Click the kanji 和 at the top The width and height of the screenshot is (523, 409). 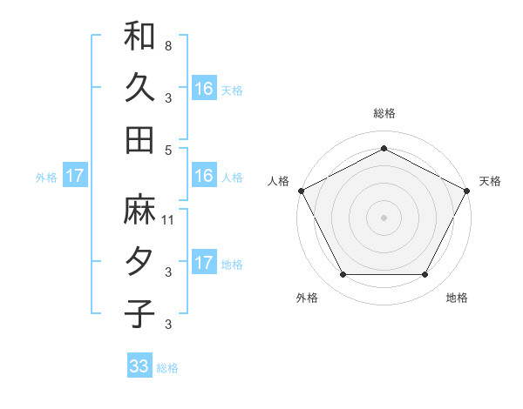pos(139,37)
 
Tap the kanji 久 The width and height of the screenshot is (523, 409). pos(139,87)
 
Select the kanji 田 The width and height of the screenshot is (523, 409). pos(139,139)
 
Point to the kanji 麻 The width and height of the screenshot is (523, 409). pos(139,211)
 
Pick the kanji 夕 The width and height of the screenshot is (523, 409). pos(139,262)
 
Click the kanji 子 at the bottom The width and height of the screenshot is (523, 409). pos(139,313)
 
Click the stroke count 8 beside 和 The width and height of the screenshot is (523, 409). pos(167,45)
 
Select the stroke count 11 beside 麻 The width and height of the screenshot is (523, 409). pos(169,220)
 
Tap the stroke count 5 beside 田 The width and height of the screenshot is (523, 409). pos(167,149)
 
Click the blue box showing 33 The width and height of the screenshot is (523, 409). pos(139,366)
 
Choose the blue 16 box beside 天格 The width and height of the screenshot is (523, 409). pos(204,88)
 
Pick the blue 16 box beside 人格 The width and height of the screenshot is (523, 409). pos(204,176)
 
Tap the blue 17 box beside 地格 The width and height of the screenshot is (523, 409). pos(204,263)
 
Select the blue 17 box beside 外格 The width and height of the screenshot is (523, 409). pos(75,176)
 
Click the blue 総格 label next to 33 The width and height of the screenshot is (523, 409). pos(167,368)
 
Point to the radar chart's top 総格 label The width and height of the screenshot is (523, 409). pos(384,113)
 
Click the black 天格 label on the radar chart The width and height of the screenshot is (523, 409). pos(490,181)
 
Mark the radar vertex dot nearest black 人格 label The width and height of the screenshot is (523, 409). pos(302,190)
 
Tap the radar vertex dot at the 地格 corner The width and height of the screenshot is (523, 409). pos(425,275)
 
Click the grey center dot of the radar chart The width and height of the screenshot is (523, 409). pos(384,217)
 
